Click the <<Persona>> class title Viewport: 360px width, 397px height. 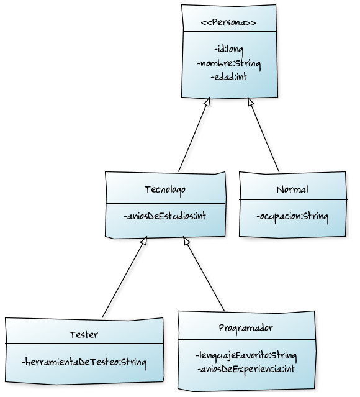click(229, 23)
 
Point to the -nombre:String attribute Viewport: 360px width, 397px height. click(228, 63)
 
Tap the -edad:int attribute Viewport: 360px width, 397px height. click(228, 76)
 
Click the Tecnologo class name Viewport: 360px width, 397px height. click(164, 188)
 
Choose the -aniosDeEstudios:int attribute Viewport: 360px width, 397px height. click(164, 217)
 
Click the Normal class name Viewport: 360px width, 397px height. click(292, 189)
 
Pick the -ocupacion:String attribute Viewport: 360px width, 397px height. click(292, 217)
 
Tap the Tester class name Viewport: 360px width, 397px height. click(84, 334)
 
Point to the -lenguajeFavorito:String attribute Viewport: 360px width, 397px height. click(246, 356)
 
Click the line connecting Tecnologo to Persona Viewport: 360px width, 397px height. click(194, 135)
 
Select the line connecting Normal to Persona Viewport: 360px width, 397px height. click(264, 135)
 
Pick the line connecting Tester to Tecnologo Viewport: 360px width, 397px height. click(124, 278)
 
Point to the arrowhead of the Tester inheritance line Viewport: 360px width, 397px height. click(143, 241)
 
